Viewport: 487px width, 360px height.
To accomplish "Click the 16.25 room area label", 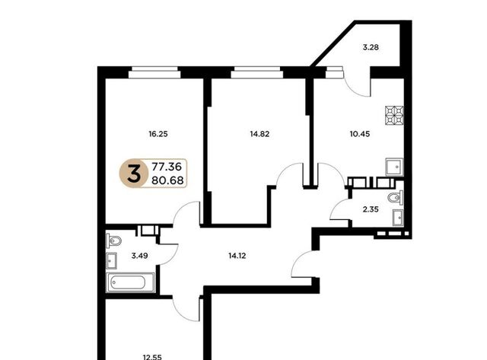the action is [x=158, y=134].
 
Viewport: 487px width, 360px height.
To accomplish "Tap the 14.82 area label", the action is [x=259, y=134].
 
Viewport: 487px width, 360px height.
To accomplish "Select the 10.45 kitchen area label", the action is [x=360, y=134].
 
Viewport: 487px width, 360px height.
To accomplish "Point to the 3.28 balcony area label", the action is [x=371, y=47].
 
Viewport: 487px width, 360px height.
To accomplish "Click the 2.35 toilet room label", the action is [x=371, y=209].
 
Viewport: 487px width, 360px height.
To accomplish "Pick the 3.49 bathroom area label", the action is [x=139, y=256].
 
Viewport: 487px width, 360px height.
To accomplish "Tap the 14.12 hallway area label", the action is [x=237, y=256].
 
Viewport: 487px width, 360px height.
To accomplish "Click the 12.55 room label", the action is [x=152, y=357].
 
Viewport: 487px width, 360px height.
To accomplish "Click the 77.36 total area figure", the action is [x=167, y=167].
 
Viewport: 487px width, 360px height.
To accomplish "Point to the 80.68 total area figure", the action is [x=167, y=180].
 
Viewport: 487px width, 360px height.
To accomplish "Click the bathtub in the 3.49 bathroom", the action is [x=130, y=282].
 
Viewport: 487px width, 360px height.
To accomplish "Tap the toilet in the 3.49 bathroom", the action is [x=113, y=241].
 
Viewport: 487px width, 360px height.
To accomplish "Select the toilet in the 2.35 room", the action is [x=396, y=198].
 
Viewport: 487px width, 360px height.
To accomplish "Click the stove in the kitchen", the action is [x=394, y=116].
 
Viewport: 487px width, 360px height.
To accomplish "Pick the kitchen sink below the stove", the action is [x=394, y=167].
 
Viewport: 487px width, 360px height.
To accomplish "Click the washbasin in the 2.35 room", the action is [x=398, y=218].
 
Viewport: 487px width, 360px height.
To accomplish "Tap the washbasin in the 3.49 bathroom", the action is [x=112, y=260].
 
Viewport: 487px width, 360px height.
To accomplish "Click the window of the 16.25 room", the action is [x=154, y=72].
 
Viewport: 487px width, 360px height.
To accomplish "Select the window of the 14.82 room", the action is [x=257, y=72].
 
